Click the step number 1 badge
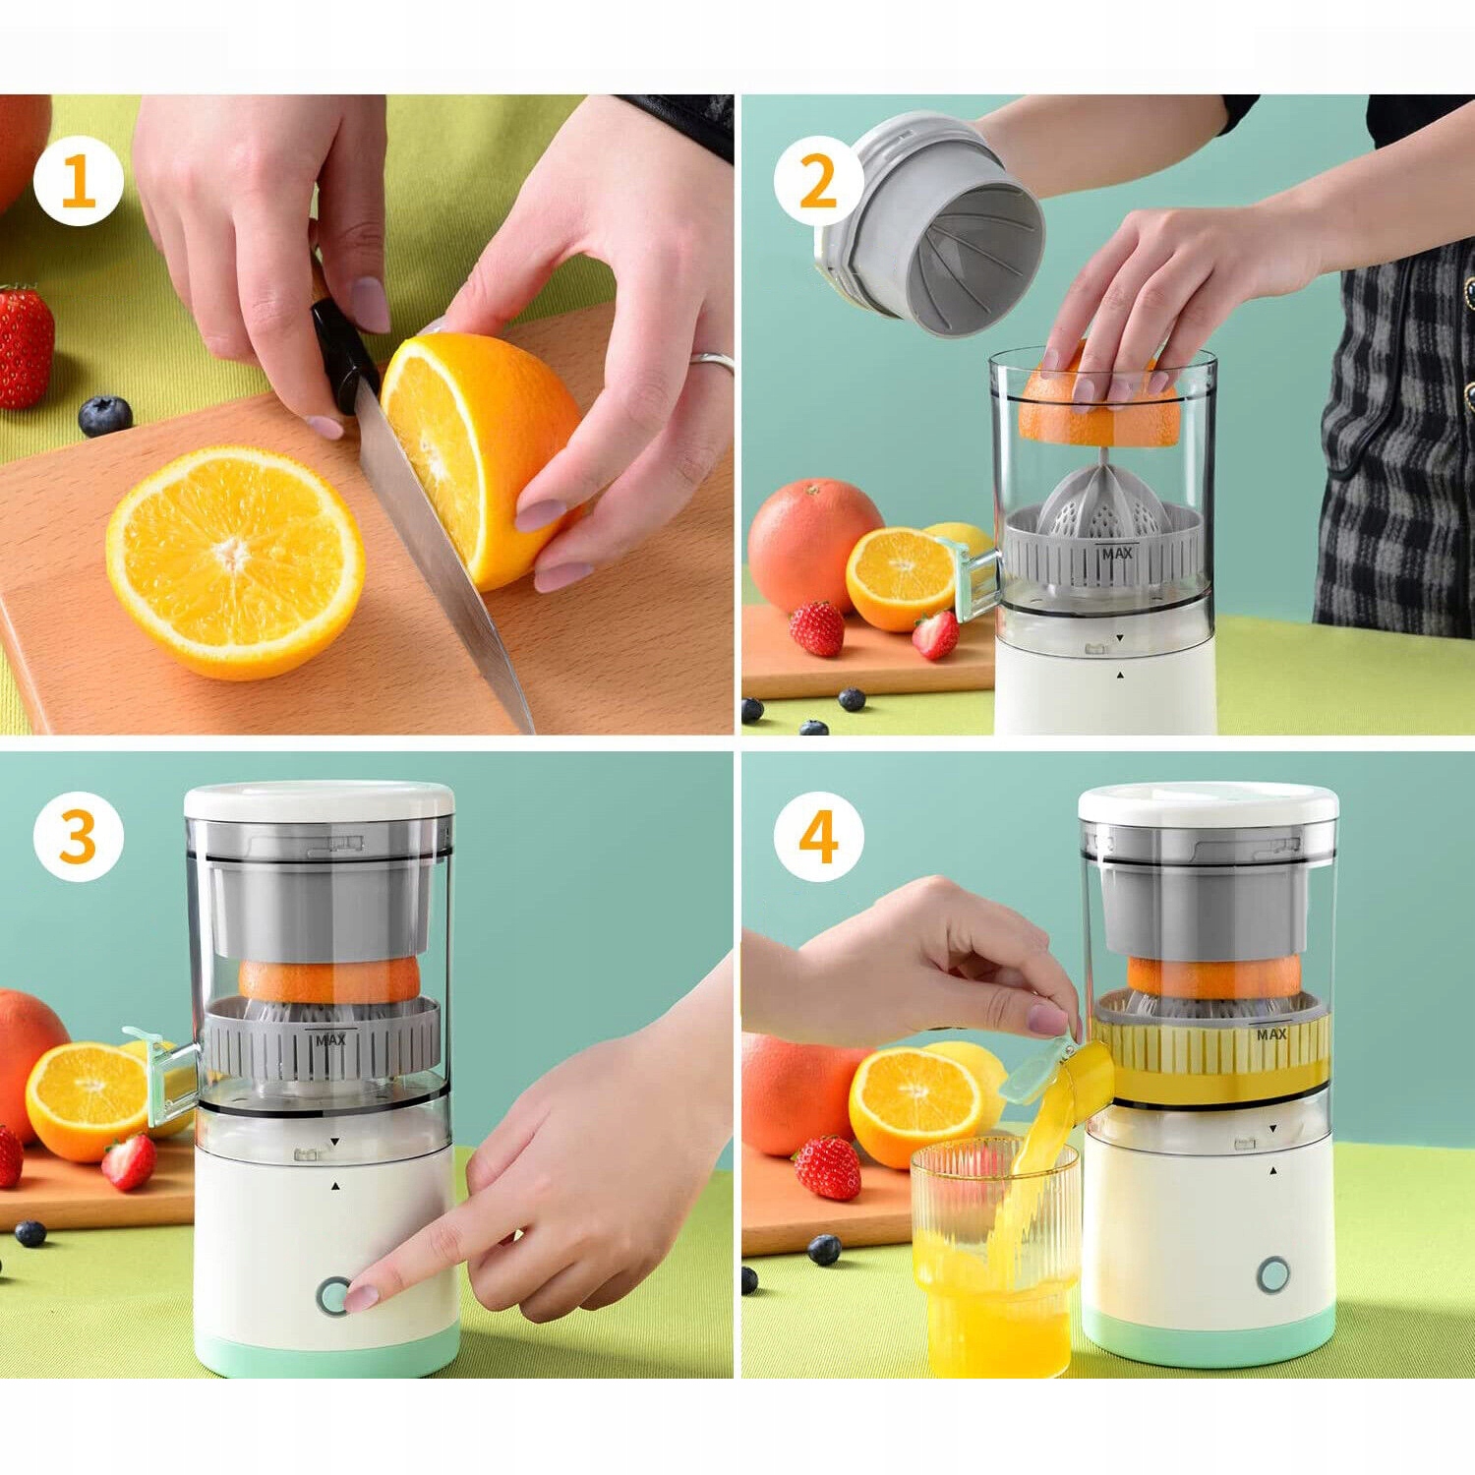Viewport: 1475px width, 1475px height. [79, 180]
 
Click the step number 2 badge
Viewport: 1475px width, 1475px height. [818, 180]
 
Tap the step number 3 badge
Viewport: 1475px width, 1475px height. [79, 837]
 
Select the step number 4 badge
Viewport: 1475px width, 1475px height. [818, 837]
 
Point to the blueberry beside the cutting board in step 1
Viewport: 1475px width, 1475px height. [105, 416]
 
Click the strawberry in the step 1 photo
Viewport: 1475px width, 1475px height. [26, 346]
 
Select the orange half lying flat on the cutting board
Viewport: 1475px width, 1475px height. [235, 561]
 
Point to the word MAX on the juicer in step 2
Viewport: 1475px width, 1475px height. [1117, 554]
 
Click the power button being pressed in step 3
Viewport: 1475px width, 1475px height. [334, 1296]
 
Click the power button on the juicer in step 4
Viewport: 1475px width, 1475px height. [1273, 1274]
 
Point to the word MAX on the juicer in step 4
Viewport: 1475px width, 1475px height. [1271, 1034]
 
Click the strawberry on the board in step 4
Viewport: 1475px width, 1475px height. [828, 1167]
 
